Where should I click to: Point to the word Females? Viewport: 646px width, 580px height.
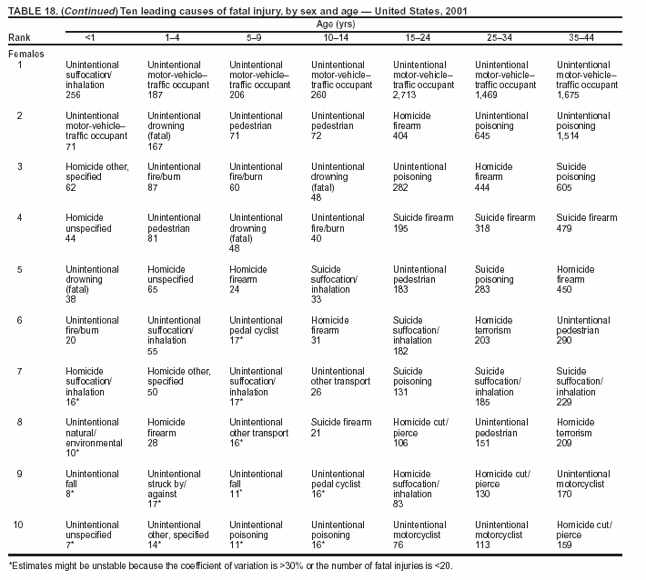[x=25, y=54]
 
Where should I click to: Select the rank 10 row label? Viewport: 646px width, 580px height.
[x=19, y=525]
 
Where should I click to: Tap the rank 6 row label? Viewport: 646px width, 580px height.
[x=19, y=320]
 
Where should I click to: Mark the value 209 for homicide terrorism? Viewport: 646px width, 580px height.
[x=565, y=442]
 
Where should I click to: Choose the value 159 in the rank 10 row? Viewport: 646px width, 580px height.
[x=565, y=544]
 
